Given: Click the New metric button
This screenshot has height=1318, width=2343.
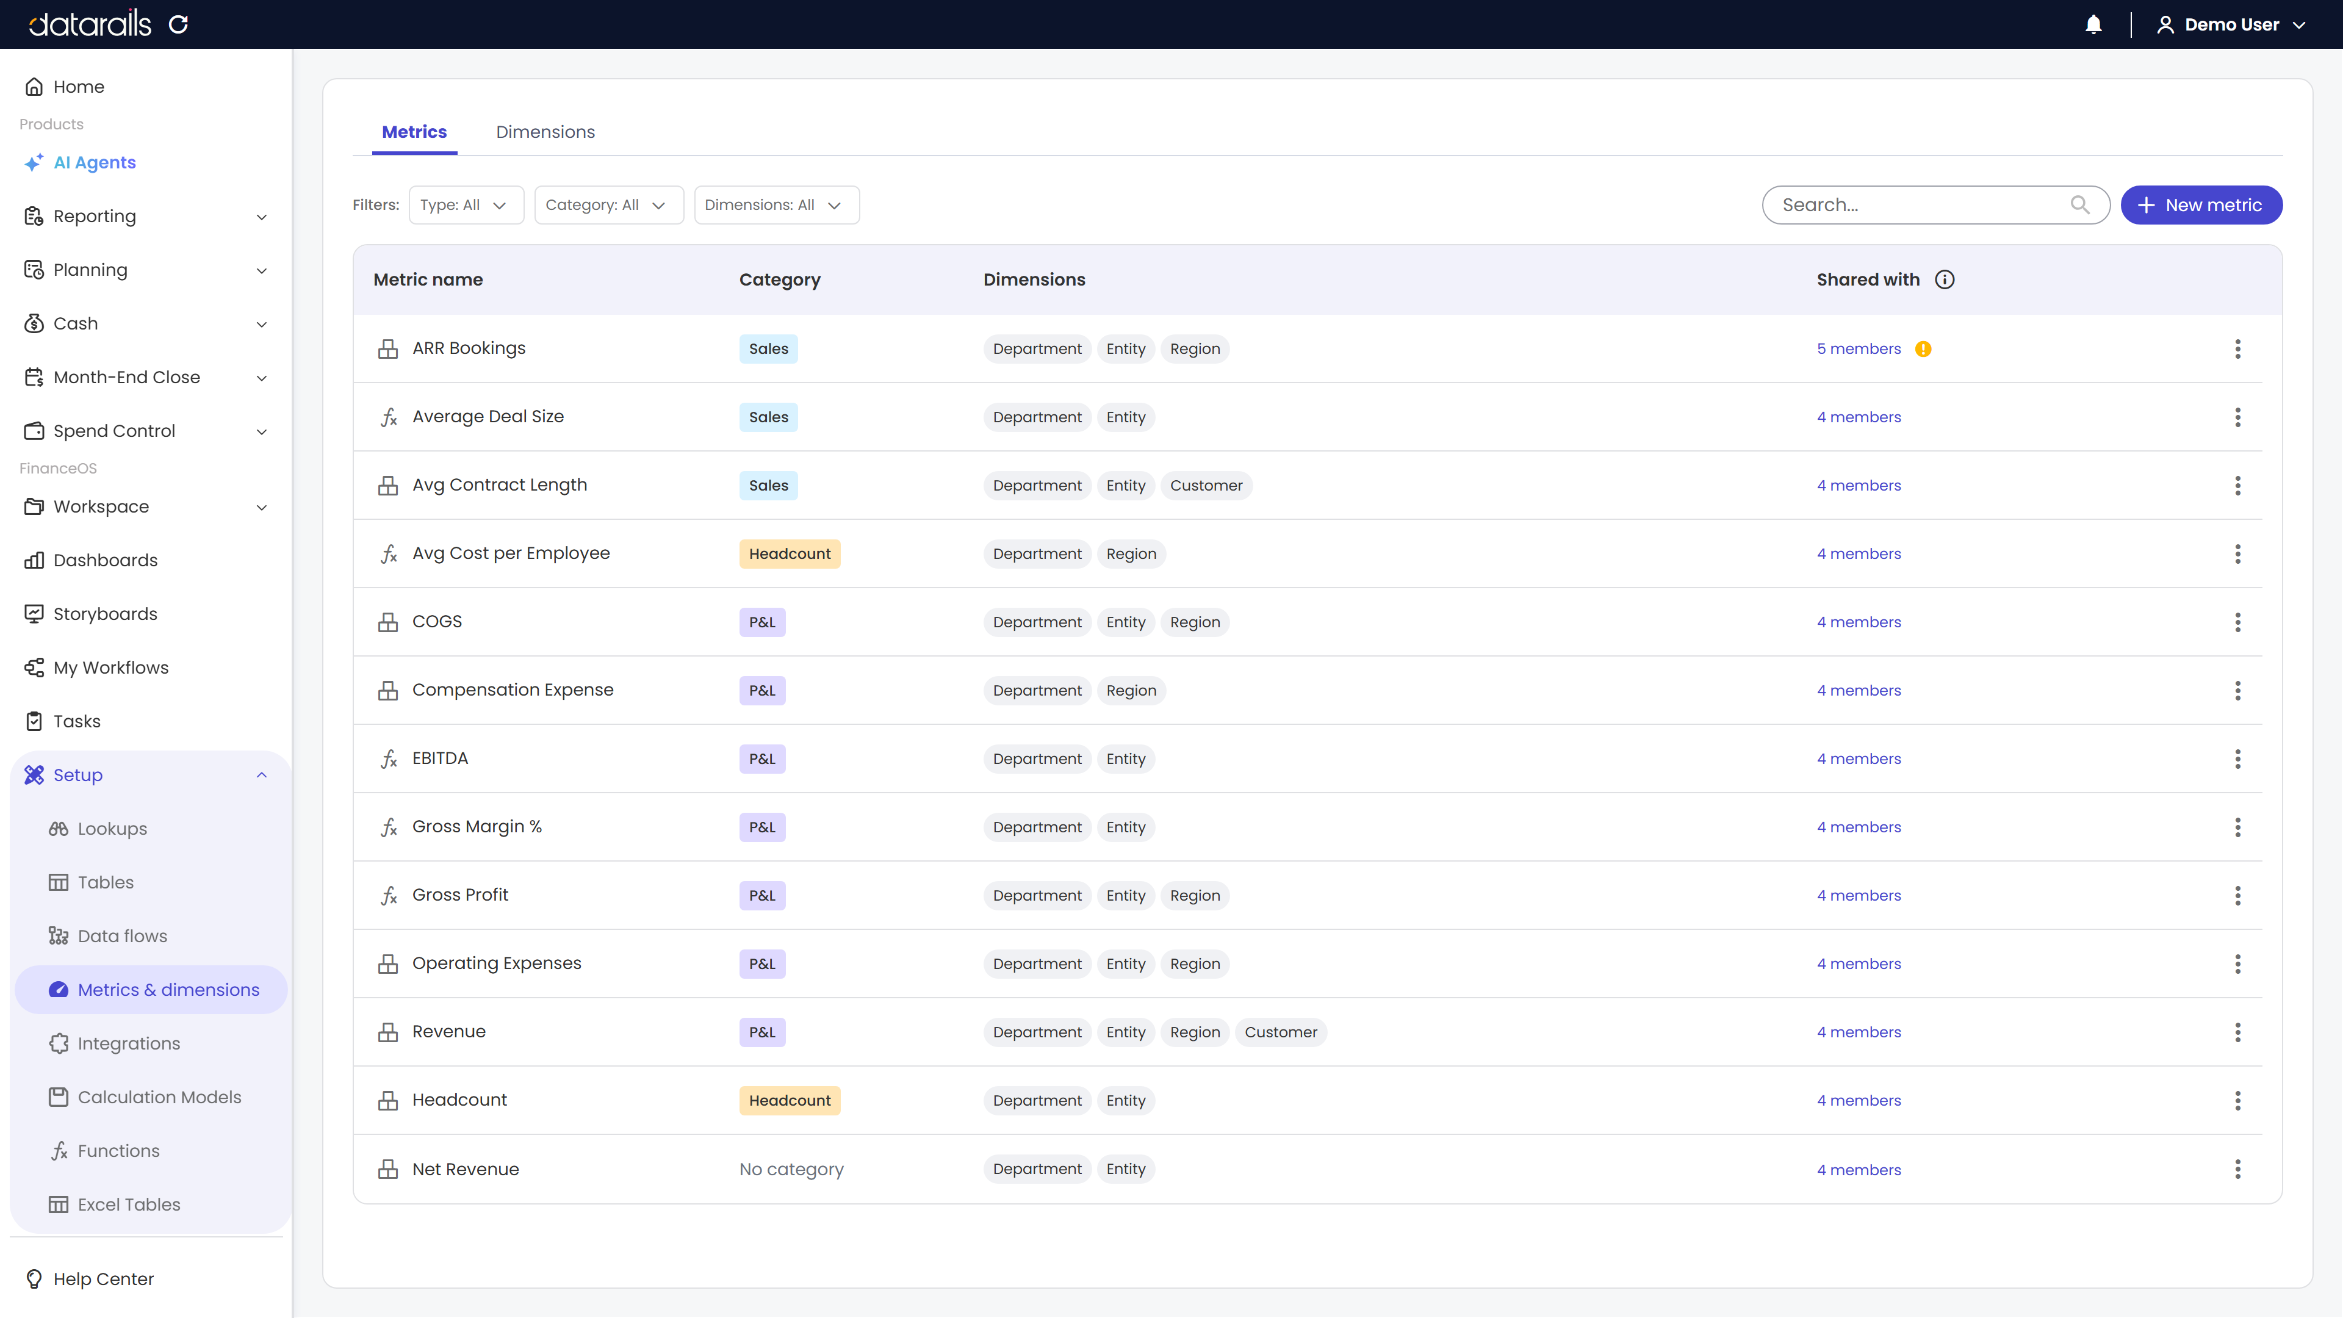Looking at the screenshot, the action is pyautogui.click(x=2200, y=204).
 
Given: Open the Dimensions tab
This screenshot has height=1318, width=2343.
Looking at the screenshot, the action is pyautogui.click(x=545, y=132).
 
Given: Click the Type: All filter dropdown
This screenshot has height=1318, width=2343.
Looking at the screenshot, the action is pyautogui.click(x=466, y=204).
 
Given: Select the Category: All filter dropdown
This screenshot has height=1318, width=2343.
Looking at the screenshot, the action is pyautogui.click(x=608, y=204).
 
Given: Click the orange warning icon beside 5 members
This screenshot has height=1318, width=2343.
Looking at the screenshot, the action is pyautogui.click(x=1923, y=348).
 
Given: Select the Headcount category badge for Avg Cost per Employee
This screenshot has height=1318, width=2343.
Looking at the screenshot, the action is pyautogui.click(x=790, y=554).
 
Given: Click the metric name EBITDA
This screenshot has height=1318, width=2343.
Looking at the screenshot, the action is pyautogui.click(x=440, y=758).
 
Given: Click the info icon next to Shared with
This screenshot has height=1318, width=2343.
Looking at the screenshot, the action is pyautogui.click(x=1945, y=279).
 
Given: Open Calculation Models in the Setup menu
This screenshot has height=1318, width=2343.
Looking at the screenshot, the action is pyautogui.click(x=159, y=1097).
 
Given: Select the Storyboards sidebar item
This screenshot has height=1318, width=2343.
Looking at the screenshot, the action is pyautogui.click(x=104, y=614).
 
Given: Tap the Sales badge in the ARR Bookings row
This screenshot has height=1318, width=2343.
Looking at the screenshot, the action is pyautogui.click(x=769, y=348).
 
